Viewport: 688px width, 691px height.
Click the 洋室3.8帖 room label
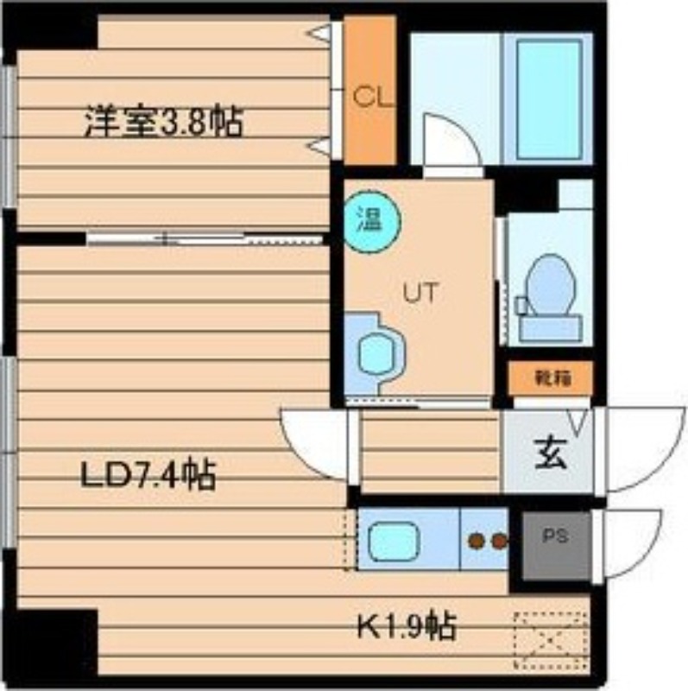click(x=162, y=123)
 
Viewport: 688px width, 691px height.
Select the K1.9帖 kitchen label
click(x=407, y=626)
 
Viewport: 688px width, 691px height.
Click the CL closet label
click(x=369, y=96)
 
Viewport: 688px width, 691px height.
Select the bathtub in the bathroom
click(x=548, y=97)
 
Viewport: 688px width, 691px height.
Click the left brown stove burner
click(x=476, y=542)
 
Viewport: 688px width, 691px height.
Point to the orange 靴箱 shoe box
click(x=550, y=377)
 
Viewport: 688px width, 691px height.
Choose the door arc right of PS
click(x=630, y=542)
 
